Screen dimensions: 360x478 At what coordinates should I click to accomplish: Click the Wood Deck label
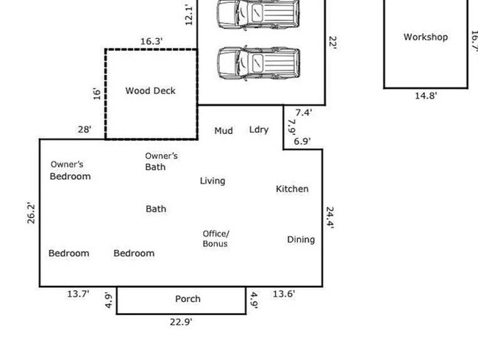(150, 91)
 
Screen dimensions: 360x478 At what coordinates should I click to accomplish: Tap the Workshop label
(425, 37)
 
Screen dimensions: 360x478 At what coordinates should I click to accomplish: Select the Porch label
(188, 299)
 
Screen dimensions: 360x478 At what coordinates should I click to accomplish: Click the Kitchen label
(292, 189)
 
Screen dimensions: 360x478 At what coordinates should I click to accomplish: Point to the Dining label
(301, 240)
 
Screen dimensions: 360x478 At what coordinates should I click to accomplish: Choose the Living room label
(213, 181)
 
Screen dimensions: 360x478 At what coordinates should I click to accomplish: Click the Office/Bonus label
(215, 239)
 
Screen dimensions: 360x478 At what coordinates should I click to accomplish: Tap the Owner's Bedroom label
(70, 170)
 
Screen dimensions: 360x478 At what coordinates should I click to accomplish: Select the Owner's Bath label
(161, 162)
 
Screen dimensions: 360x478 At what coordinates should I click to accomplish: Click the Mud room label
(224, 131)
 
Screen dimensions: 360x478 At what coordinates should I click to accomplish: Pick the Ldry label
(259, 130)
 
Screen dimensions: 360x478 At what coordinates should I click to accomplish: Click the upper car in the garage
(259, 13)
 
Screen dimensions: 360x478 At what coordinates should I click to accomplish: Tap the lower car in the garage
(259, 63)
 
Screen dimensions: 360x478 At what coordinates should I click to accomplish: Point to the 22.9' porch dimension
(180, 322)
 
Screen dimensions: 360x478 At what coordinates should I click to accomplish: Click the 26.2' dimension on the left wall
(32, 212)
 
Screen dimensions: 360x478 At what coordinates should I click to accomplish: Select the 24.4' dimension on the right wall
(330, 218)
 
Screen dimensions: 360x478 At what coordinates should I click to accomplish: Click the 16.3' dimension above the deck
(151, 42)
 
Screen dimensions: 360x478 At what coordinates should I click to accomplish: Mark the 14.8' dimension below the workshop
(426, 96)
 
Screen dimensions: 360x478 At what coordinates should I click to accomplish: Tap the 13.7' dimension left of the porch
(78, 294)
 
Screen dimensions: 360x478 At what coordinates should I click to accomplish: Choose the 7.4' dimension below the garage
(304, 112)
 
